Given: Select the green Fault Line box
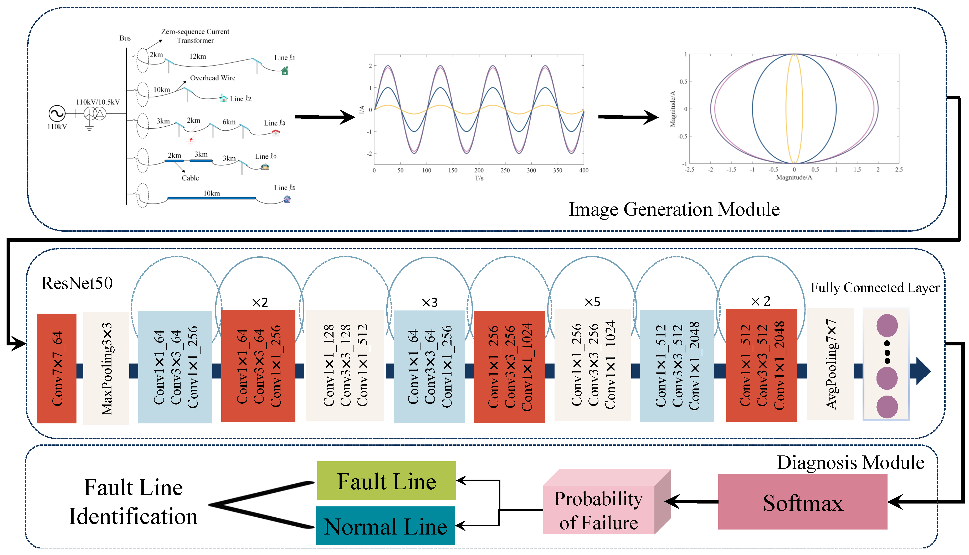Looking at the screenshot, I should [386, 481].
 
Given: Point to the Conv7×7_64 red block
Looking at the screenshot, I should [57, 368].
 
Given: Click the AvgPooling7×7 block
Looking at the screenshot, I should [830, 364].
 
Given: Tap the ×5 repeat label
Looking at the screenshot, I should [592, 302].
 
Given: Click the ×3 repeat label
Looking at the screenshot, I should [429, 303].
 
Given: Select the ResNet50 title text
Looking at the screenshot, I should [77, 283].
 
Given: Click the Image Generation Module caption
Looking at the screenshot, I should [674, 209].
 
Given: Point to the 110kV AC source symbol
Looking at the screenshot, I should [57, 113].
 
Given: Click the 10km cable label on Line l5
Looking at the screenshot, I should [211, 193].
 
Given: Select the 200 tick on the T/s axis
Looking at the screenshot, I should [479, 170].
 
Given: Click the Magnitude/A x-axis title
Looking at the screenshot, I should [794, 177].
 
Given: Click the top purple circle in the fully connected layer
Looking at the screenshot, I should [887, 325].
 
